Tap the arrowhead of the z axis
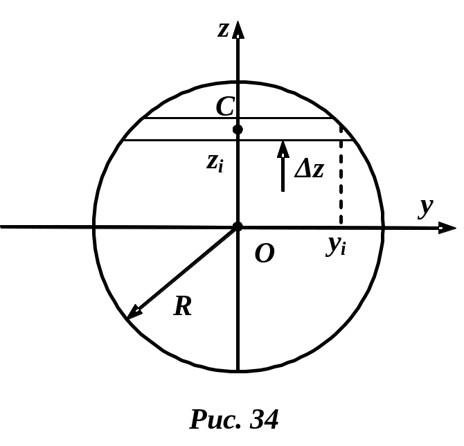(238, 29)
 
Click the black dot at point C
(238, 130)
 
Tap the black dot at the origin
(238, 226)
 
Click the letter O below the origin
(264, 254)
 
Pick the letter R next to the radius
(183, 306)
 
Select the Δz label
(309, 168)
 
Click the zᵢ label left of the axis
(215, 163)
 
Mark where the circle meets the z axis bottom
(238, 372)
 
